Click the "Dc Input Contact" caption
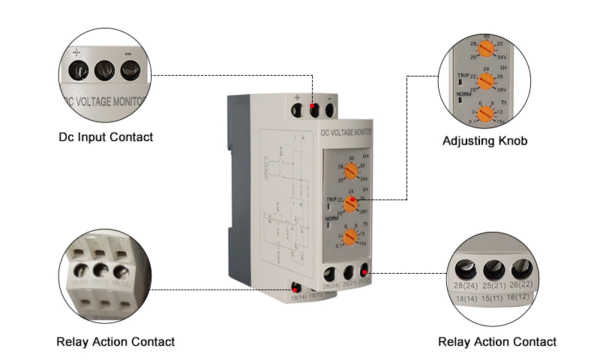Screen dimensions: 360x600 [106, 137]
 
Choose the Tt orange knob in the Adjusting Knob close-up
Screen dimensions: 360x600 [485, 113]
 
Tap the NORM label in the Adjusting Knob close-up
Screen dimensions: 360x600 [463, 94]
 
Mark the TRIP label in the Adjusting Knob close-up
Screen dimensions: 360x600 [463, 76]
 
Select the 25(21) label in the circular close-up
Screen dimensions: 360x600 [493, 287]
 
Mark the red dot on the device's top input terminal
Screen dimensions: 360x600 [313, 108]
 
